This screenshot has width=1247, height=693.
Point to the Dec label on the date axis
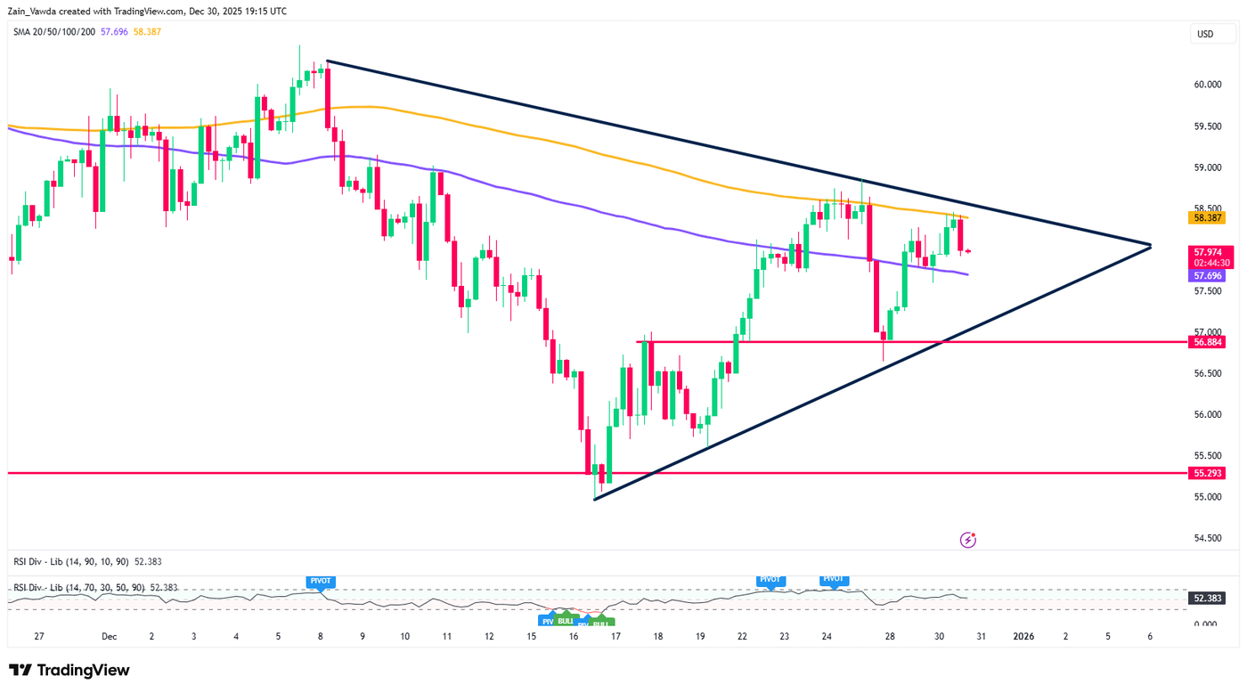[110, 637]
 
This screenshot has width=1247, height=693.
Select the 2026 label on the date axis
[1023, 637]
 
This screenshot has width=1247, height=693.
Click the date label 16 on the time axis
[575, 637]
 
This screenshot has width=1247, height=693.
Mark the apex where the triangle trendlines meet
[1151, 245]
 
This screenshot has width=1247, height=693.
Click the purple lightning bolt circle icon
[968, 540]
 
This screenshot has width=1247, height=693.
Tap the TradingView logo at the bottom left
[69, 670]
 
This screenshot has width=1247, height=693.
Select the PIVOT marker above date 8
[320, 581]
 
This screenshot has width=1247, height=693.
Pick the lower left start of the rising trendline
[594, 499]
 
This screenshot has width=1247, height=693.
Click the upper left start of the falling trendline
[328, 61]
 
